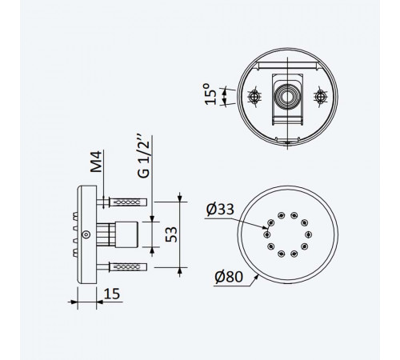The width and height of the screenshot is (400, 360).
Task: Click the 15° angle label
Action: click(x=210, y=94)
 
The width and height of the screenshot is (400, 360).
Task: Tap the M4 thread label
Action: click(x=96, y=162)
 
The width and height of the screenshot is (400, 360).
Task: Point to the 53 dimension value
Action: click(x=171, y=234)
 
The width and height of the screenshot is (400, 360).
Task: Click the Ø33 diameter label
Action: click(x=220, y=210)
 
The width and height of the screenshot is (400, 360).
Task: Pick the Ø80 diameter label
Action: click(x=229, y=277)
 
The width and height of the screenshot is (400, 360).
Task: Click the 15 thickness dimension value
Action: click(x=112, y=294)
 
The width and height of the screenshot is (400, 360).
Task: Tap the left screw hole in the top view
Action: click(x=254, y=97)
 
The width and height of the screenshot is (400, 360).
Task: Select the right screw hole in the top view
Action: click(x=320, y=97)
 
